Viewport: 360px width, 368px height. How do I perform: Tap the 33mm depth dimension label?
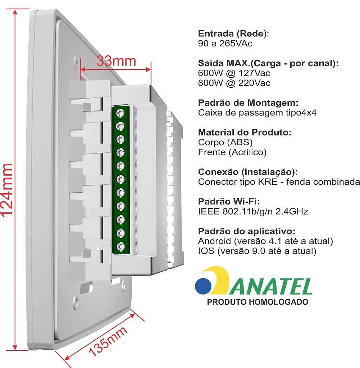point(116,61)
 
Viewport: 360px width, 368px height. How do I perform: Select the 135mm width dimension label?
point(108,341)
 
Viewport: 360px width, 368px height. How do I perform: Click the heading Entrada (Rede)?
point(233,34)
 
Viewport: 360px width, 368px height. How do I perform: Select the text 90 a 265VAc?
point(225,43)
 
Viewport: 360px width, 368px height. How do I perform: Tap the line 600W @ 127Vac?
point(234,73)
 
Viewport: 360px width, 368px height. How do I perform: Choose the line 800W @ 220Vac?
point(234,83)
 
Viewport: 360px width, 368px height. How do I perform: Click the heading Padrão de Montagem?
point(248,103)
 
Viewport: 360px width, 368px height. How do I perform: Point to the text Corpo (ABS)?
point(225,142)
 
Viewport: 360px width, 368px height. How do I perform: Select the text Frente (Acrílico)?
point(232,152)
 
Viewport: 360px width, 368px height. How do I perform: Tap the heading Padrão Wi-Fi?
point(229,201)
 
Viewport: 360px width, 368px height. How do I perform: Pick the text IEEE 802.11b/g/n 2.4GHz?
point(253,211)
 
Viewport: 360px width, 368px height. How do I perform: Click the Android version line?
point(265,241)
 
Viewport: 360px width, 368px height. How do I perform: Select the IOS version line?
point(257,250)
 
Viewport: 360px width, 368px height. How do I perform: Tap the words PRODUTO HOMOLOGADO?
point(258,302)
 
